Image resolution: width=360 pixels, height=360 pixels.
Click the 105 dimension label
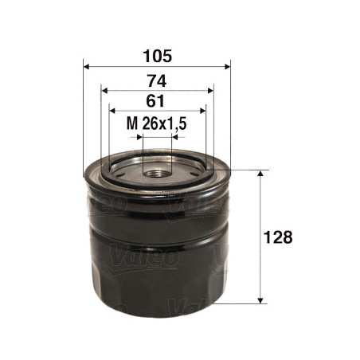157,57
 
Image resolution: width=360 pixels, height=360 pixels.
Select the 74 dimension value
157,81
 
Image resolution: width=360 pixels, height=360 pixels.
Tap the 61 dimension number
155,101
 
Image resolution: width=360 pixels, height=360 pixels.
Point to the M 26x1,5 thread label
156,123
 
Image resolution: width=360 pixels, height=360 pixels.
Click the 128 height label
278,237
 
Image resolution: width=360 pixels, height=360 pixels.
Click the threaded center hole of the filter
157,174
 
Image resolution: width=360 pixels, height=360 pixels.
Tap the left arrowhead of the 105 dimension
86,66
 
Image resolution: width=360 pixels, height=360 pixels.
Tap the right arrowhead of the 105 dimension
228,66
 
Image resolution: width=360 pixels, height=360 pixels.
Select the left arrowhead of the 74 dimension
104,91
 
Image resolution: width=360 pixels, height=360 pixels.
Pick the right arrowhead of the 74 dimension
210,91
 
